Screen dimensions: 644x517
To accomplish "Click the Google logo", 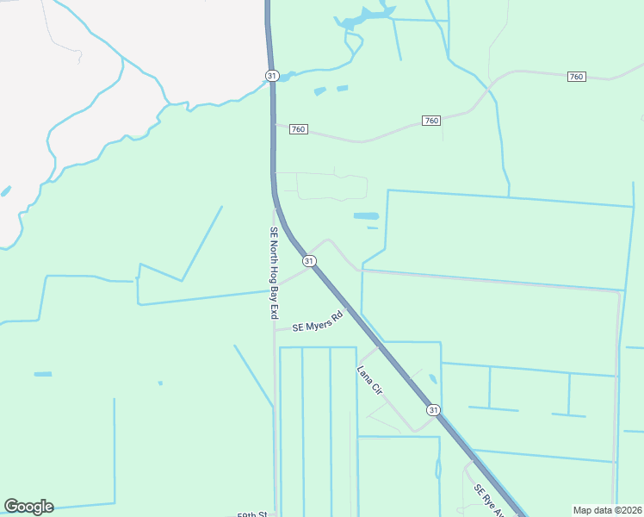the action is click(x=28, y=507).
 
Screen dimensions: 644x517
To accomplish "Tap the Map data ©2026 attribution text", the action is click(x=607, y=510).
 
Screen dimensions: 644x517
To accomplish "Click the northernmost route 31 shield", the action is click(x=272, y=76).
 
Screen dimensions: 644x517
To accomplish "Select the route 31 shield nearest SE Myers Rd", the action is click(x=308, y=260).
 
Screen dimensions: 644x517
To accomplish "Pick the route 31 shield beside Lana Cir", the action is click(x=433, y=410).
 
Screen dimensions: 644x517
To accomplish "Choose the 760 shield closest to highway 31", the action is click(x=298, y=129).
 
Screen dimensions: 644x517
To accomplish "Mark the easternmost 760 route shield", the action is click(x=577, y=78).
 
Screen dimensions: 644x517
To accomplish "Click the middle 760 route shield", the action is click(x=431, y=121).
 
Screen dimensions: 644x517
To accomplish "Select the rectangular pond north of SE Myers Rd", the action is click(x=366, y=215).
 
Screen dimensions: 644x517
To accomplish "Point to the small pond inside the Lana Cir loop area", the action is click(x=432, y=378).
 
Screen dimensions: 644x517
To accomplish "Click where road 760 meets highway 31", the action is click(x=274, y=125).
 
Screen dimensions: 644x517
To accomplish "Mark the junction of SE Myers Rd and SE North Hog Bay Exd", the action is click(x=275, y=330).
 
